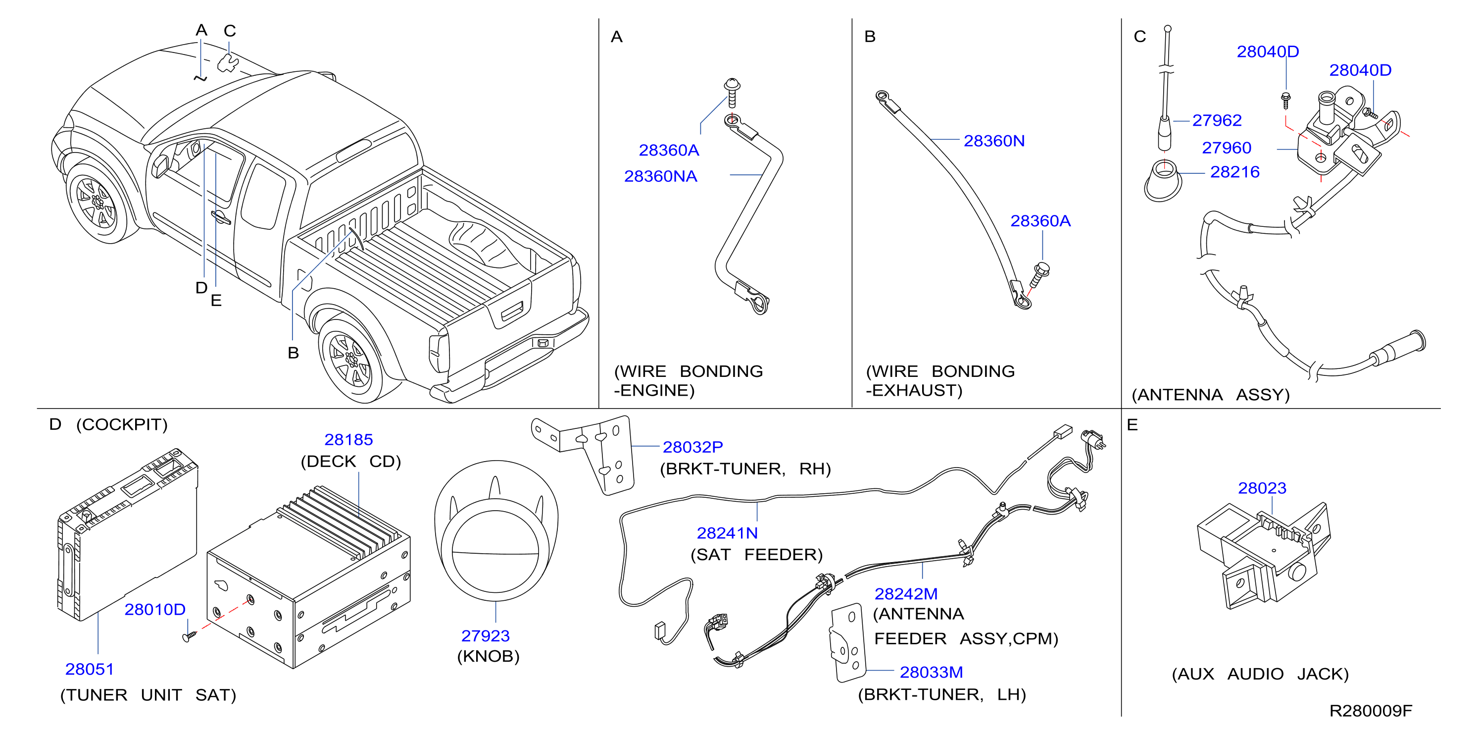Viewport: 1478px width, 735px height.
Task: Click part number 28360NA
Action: tap(660, 176)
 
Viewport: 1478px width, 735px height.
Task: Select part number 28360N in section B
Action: tap(994, 141)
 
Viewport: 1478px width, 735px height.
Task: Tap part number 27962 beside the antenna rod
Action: tap(1216, 120)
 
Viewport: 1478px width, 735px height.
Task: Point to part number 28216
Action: tap(1235, 172)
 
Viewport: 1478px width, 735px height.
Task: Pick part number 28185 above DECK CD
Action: tap(348, 439)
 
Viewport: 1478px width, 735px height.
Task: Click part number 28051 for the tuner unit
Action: tap(90, 669)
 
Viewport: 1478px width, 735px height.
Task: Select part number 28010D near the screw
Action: tap(155, 609)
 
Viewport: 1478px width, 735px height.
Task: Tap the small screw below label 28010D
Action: tap(190, 635)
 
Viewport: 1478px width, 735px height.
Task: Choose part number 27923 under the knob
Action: tap(486, 635)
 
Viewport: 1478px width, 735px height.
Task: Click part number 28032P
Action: tap(692, 447)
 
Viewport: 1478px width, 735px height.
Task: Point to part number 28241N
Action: tap(727, 533)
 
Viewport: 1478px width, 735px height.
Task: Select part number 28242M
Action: tap(906, 594)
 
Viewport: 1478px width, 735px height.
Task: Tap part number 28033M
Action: tap(931, 672)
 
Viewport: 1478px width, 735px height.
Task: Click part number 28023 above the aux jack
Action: tap(1262, 488)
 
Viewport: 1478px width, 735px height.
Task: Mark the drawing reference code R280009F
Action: tap(1371, 711)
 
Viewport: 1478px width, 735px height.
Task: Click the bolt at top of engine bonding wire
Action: tap(732, 93)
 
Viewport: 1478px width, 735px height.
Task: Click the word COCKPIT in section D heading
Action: tap(122, 424)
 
